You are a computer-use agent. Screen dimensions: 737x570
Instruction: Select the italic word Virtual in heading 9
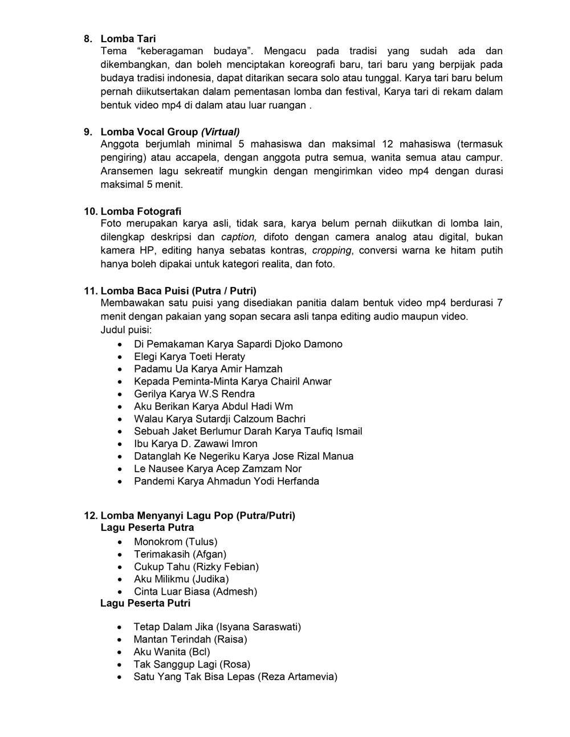pyautogui.click(x=220, y=132)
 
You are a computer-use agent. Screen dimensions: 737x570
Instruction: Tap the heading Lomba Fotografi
pyautogui.click(x=141, y=211)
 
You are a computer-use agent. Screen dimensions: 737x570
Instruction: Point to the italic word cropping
pyautogui.click(x=332, y=251)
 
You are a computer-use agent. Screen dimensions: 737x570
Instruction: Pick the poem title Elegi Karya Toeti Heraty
pyautogui.click(x=189, y=357)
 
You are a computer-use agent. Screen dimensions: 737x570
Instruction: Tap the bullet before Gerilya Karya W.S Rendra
pyautogui.click(x=119, y=394)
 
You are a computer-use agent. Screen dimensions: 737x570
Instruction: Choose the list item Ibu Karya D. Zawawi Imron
pyautogui.click(x=196, y=444)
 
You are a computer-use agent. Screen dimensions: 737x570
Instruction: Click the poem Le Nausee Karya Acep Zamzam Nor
pyautogui.click(x=218, y=469)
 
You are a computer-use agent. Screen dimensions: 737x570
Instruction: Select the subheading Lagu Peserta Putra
pyautogui.click(x=147, y=527)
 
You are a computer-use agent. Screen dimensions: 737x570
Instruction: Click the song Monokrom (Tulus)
pyautogui.click(x=176, y=542)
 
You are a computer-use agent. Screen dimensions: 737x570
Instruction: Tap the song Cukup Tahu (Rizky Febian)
pyautogui.click(x=196, y=567)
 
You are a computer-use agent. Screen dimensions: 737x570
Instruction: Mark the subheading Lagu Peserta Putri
pyautogui.click(x=145, y=603)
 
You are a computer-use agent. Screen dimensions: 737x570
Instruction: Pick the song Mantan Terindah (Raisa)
pyautogui.click(x=190, y=639)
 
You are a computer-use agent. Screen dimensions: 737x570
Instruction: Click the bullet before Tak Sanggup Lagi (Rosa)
pyautogui.click(x=119, y=665)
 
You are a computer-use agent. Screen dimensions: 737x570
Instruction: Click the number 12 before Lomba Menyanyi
pyautogui.click(x=90, y=515)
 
